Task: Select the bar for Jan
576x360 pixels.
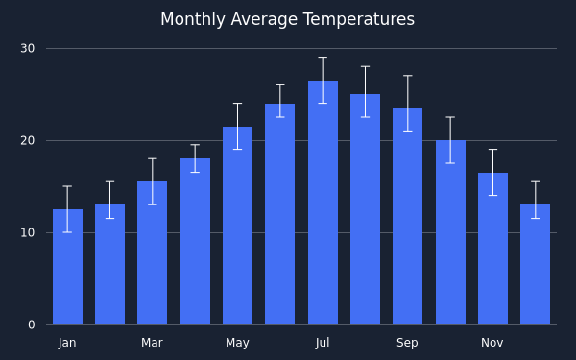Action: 67,267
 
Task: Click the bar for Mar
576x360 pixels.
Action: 152,252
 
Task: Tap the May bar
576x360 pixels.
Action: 237,226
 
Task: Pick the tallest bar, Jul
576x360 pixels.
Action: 323,203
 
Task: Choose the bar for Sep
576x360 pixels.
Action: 407,216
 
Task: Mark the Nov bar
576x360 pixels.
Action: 493,249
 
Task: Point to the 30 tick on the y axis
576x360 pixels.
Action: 28,49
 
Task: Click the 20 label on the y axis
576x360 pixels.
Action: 28,141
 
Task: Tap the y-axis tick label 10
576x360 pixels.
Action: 28,233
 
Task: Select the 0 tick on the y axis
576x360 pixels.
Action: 32,324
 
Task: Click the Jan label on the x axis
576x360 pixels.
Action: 67,343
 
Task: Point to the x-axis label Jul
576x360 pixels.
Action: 323,343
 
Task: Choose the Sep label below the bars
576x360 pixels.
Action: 407,343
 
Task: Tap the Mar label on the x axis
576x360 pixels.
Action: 152,343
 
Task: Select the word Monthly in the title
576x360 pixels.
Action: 193,19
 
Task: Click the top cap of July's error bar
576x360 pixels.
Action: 323,58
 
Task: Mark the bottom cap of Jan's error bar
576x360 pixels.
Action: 67,232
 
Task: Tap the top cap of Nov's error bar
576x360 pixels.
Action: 493,150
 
